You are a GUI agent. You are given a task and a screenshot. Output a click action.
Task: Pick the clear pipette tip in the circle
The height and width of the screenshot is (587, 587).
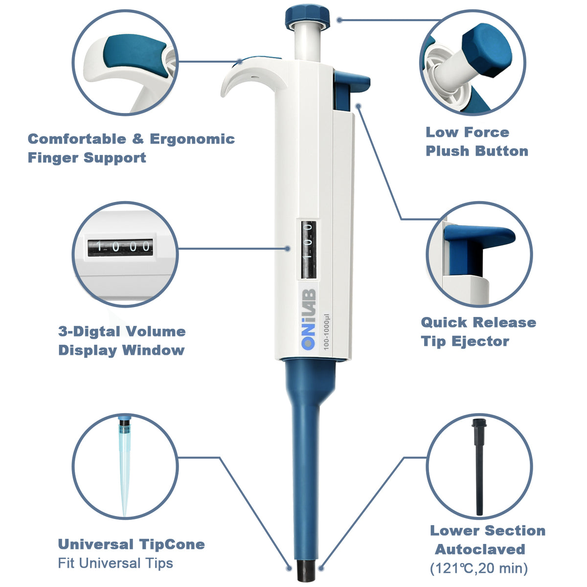pos(125,465)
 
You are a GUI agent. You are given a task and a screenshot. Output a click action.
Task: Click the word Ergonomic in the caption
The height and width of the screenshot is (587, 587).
pos(192,139)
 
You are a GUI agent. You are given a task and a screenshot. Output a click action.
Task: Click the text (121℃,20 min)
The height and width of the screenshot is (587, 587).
pos(479,568)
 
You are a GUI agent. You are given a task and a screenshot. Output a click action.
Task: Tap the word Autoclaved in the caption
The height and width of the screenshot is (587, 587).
pos(480,549)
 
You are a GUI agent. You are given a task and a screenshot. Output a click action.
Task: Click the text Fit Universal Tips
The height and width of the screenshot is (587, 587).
pos(115,564)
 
